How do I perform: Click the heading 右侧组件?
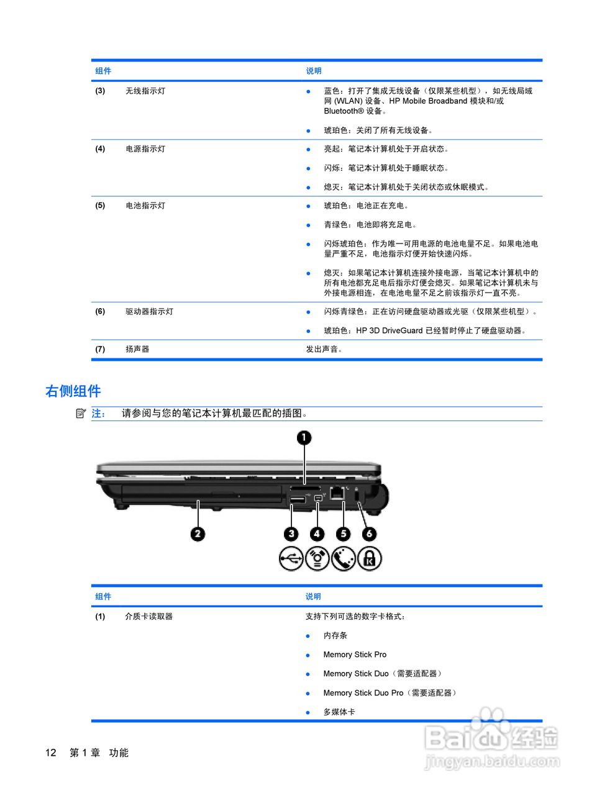[x=73, y=391]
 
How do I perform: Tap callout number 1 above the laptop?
[x=303, y=438]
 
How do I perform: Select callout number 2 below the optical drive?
[x=198, y=534]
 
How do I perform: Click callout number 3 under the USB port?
[x=291, y=534]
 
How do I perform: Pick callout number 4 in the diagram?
[x=317, y=534]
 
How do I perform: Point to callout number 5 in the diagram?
[x=343, y=534]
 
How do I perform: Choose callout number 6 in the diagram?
[x=369, y=534]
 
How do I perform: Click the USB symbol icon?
[x=291, y=558]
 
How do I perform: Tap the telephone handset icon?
[x=343, y=558]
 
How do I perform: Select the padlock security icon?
[x=369, y=558]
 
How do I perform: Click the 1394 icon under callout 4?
[x=317, y=558]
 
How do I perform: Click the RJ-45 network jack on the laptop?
[x=337, y=494]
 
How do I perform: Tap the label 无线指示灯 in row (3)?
[x=145, y=91]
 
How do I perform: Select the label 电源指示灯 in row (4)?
[x=145, y=149]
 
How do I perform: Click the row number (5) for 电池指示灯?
[x=100, y=206]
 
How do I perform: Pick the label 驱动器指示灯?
[x=149, y=312]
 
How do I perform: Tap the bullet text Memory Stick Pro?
[x=355, y=655]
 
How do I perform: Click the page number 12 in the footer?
[x=50, y=753]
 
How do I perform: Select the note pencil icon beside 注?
[x=81, y=413]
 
